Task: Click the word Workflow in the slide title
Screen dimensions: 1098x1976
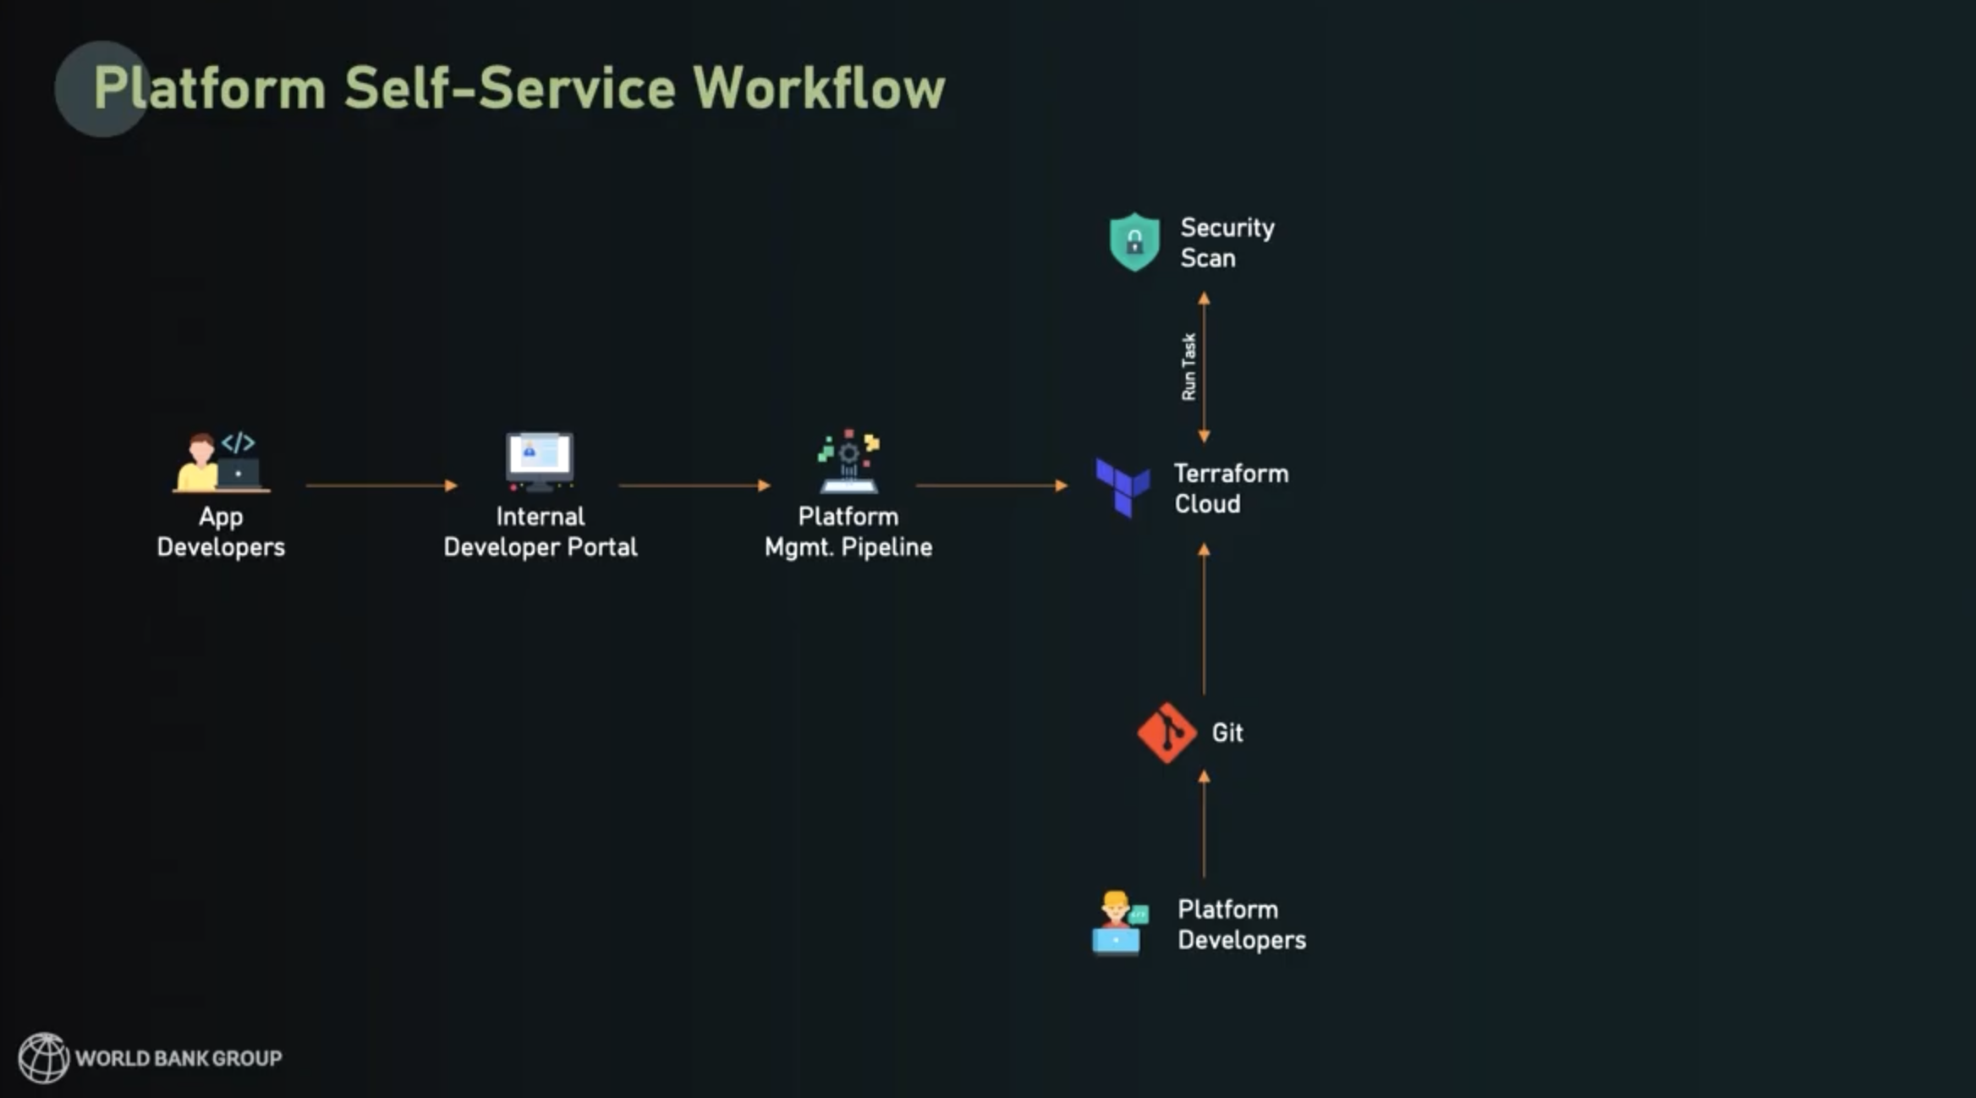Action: (x=818, y=88)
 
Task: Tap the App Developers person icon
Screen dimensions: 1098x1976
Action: (x=220, y=462)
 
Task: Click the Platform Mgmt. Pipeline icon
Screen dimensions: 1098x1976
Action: (x=848, y=462)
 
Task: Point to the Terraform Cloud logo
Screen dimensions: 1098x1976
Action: (x=1122, y=487)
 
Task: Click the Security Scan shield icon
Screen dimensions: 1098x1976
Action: (x=1133, y=242)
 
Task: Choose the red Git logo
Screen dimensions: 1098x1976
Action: (x=1166, y=733)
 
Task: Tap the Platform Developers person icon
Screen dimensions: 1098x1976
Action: (x=1118, y=923)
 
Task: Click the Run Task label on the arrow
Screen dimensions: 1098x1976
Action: (x=1188, y=366)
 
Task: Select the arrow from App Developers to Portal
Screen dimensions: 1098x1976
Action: (x=381, y=486)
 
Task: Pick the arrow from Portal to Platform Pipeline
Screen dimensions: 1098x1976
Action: (x=694, y=486)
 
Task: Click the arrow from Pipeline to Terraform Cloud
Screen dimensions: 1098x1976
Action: (x=991, y=486)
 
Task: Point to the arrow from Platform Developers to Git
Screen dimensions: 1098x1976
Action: (x=1204, y=824)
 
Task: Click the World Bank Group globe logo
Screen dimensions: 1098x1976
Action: (x=43, y=1057)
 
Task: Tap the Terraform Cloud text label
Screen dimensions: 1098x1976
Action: (x=1231, y=489)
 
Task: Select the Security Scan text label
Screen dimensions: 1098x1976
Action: (x=1227, y=243)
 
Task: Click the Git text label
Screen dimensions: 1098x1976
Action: (x=1227, y=733)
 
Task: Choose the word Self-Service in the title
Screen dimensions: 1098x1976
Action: (x=509, y=88)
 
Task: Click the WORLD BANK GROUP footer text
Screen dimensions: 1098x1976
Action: (x=178, y=1058)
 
